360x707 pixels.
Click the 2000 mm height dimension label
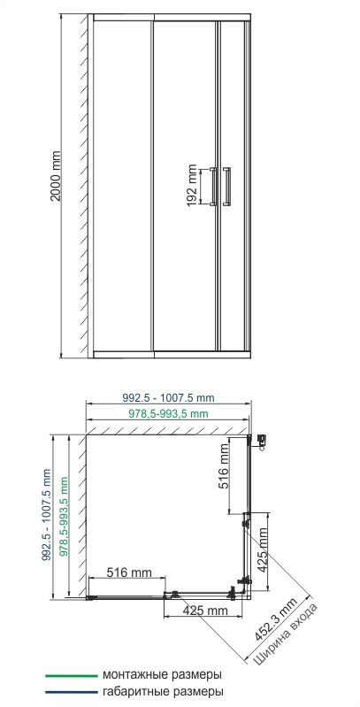tap(56, 182)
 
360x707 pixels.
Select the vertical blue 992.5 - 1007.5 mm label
tap(47, 513)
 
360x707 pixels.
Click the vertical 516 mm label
tap(225, 468)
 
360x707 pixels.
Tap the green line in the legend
tap(70, 675)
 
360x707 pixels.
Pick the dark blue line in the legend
tap(70, 692)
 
